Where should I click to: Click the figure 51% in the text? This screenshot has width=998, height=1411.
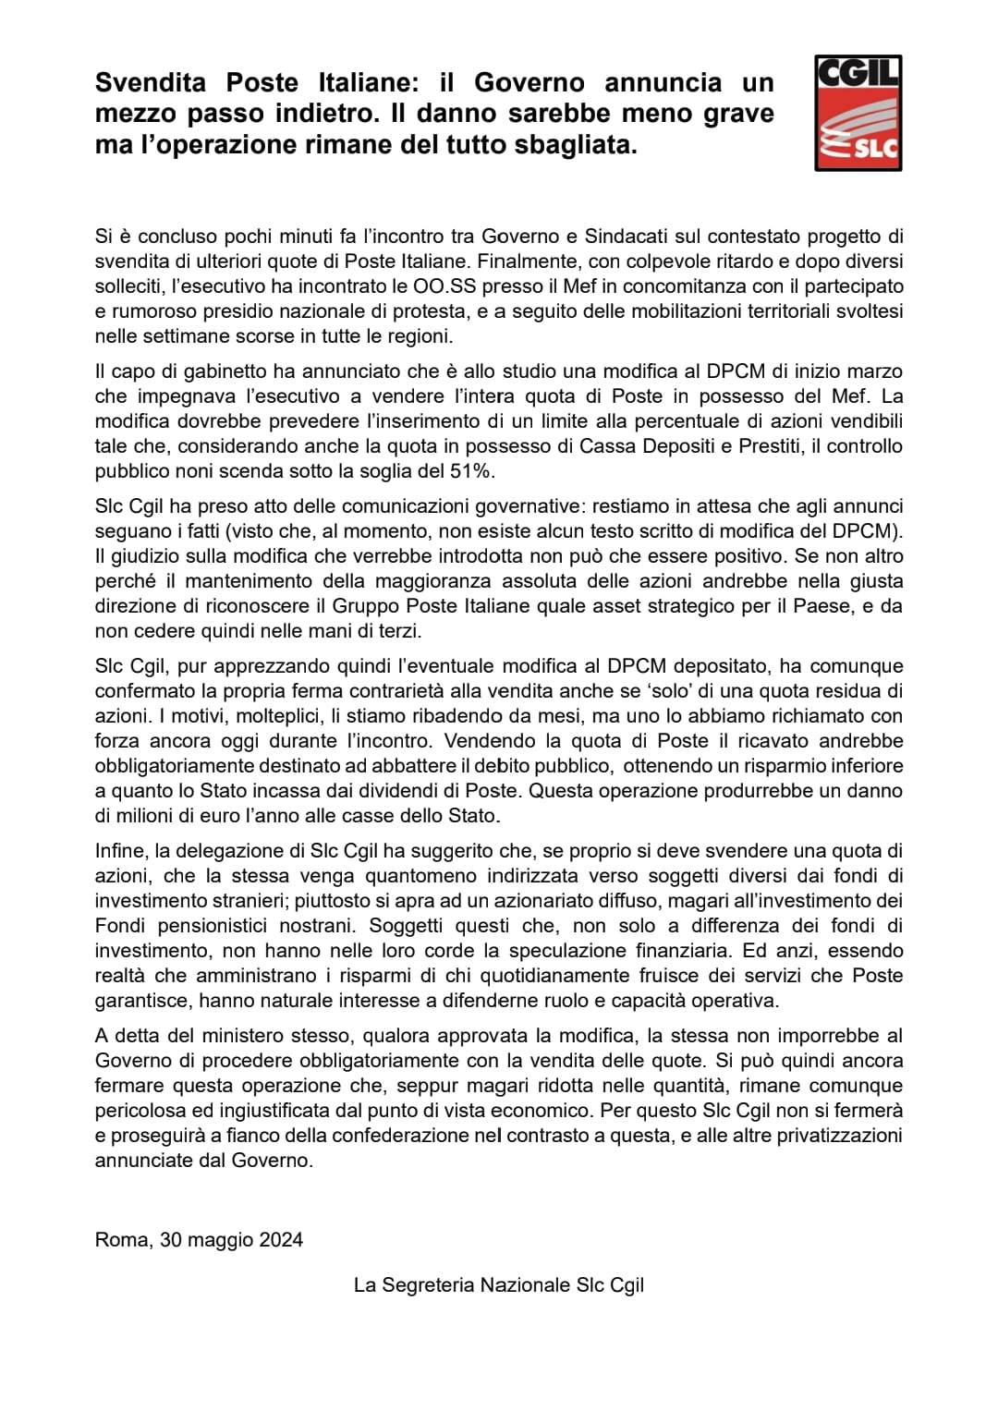click(x=472, y=470)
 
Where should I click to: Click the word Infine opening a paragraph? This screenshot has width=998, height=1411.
click(x=121, y=850)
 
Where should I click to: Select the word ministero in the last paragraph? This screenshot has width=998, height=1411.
click(x=246, y=1035)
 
